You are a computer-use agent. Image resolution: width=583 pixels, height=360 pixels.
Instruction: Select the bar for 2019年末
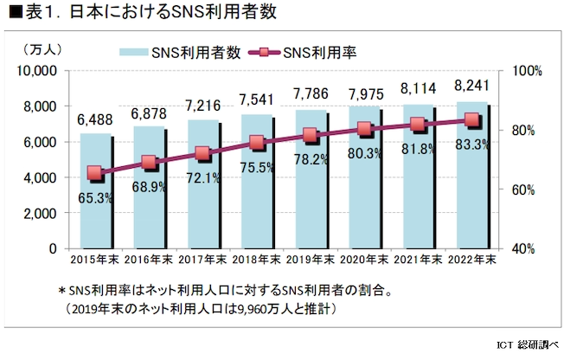(x=310, y=208)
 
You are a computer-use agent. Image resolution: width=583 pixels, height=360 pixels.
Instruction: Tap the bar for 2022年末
(x=471, y=208)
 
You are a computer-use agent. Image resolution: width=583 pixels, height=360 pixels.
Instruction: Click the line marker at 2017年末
(x=202, y=154)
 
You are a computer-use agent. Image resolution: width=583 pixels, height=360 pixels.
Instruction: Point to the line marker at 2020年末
(x=364, y=130)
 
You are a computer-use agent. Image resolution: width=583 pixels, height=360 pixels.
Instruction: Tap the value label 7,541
(x=256, y=100)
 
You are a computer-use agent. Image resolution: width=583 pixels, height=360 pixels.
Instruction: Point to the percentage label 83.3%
(x=471, y=144)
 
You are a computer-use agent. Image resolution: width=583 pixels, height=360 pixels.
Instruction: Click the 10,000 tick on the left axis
(x=35, y=70)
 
